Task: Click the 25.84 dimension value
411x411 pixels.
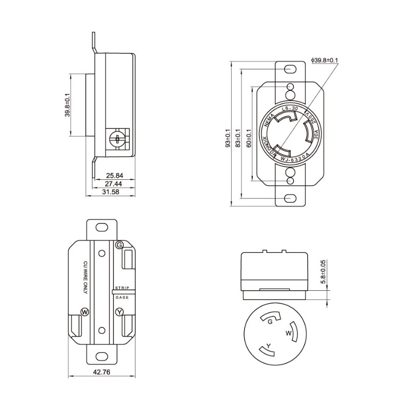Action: (x=114, y=175)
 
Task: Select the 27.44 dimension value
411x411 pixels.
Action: (x=114, y=183)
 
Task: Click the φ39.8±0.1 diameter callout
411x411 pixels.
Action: (x=324, y=60)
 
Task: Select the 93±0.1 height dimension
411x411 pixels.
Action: (x=228, y=138)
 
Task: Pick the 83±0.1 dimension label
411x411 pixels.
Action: (x=238, y=138)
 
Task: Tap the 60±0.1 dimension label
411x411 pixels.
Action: (x=248, y=138)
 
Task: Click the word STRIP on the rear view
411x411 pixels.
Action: (x=122, y=288)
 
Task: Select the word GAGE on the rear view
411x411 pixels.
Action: (x=121, y=297)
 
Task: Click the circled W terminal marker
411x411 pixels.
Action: (x=85, y=312)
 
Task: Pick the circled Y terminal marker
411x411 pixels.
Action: (x=119, y=312)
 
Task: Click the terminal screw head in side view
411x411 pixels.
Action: (x=118, y=139)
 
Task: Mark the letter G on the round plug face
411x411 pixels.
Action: (x=270, y=322)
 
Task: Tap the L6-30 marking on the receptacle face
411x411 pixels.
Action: (x=290, y=109)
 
